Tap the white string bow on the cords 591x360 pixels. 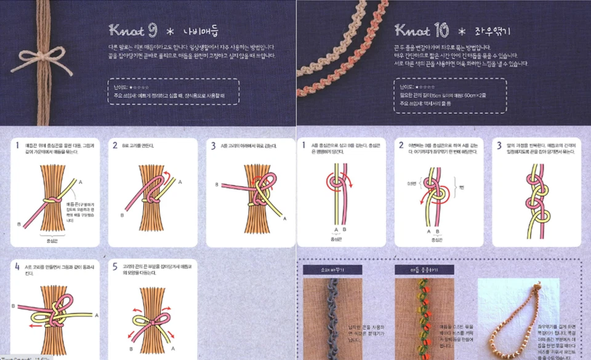41,56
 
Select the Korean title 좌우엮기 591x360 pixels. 489,30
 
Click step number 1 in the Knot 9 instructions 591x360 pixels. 17,146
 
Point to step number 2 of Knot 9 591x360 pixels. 115,146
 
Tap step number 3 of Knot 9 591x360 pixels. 213,146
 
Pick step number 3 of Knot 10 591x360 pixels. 499,145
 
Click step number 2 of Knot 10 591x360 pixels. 401,145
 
